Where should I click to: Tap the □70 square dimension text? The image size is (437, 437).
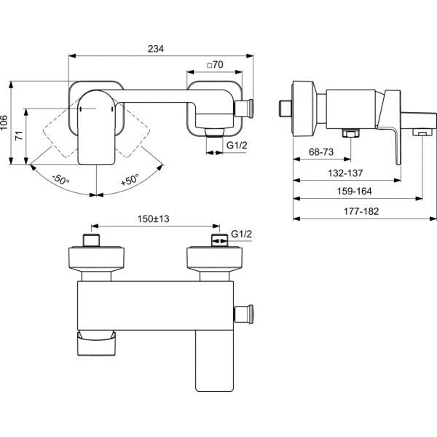pos(214,65)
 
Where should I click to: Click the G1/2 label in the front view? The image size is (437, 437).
pos(237,146)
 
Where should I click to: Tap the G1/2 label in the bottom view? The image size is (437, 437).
pos(241,234)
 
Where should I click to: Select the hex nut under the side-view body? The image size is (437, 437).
pos(350,134)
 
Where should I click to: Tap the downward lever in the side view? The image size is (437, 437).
pos(397,131)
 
